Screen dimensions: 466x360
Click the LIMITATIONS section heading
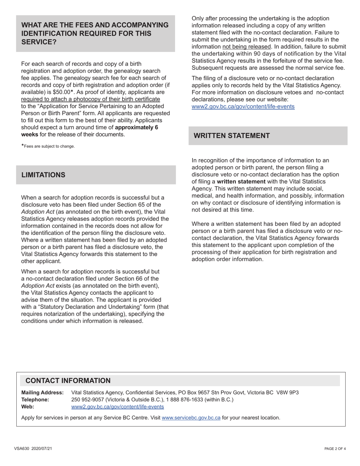(43, 175)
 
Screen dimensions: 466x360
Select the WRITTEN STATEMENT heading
(232, 136)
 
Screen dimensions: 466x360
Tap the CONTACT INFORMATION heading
(68, 381)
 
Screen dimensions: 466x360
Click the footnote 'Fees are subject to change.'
(49, 146)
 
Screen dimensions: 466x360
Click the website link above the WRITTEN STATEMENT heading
(243, 106)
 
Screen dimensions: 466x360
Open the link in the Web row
(117, 407)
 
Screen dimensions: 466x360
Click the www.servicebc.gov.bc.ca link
(191, 418)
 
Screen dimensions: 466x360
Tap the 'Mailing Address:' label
(42, 393)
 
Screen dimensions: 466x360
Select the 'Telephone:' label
(35, 400)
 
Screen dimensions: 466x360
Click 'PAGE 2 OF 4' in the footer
(335, 449)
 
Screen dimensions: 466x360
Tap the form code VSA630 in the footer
(22, 449)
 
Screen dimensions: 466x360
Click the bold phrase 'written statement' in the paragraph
(241, 181)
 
